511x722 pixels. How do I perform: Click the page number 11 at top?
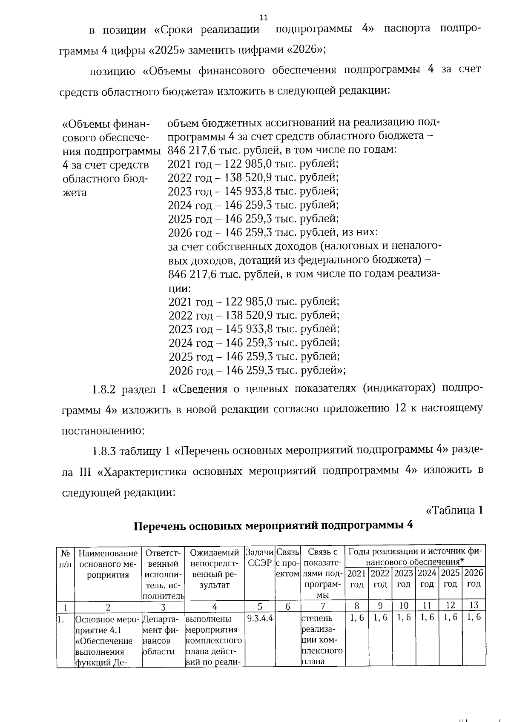(x=264, y=17)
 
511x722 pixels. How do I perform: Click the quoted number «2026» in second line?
(x=304, y=50)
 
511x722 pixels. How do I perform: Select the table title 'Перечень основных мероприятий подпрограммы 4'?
(x=273, y=526)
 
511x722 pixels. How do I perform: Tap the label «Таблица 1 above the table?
(x=454, y=510)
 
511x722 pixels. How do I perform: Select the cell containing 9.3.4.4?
(x=259, y=617)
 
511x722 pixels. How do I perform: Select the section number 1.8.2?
(x=104, y=389)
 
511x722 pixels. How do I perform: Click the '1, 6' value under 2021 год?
(x=357, y=617)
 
